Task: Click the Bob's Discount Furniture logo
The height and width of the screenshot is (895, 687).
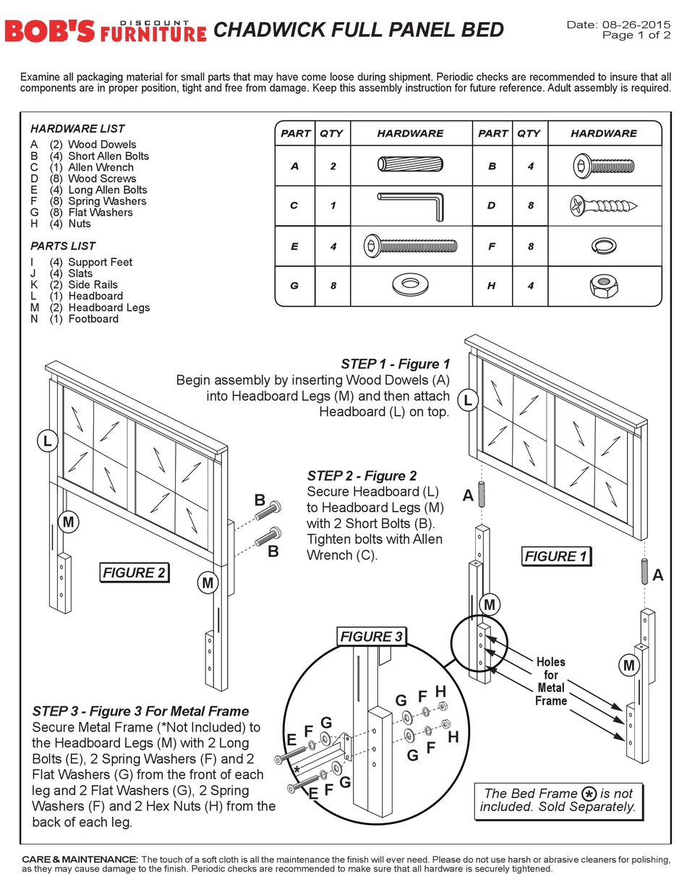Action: coord(105,30)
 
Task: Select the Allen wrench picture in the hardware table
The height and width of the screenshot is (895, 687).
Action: coord(411,205)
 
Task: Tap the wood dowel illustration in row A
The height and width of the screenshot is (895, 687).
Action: coord(405,165)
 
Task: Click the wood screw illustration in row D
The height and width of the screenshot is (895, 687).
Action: coord(604,205)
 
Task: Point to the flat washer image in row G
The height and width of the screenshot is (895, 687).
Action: coord(409,284)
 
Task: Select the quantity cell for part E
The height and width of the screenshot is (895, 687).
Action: coord(333,246)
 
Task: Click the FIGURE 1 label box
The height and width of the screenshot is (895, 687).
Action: coord(555,556)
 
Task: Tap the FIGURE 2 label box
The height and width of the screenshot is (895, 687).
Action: coord(135,573)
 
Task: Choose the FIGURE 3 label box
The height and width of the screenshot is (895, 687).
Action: coord(371,637)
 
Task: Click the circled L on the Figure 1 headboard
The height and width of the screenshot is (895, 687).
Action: coord(468,400)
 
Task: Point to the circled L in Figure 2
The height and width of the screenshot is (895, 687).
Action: coord(47,441)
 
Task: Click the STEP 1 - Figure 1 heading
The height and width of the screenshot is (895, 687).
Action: coord(395,364)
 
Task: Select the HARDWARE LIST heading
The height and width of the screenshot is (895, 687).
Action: coord(77,129)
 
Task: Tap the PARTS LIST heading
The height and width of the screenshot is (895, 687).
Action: coord(63,246)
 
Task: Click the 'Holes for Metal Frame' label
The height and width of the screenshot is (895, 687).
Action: coord(550,681)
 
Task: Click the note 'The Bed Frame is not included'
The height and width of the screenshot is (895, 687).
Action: coord(557,799)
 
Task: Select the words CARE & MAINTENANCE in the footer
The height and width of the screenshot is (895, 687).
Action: coord(80,859)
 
